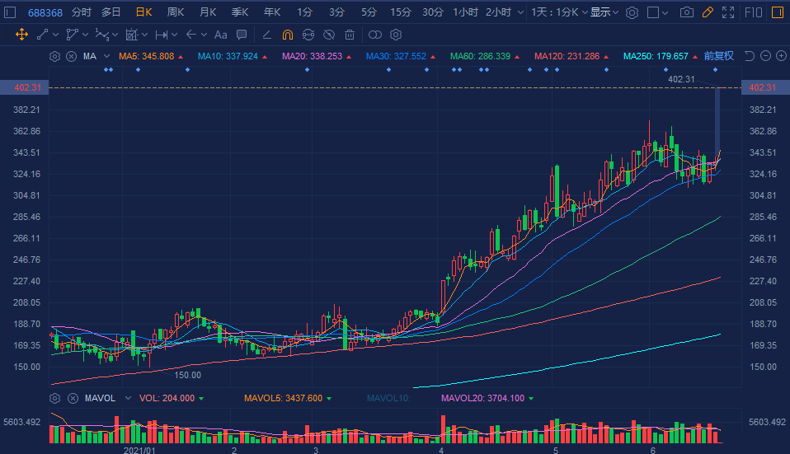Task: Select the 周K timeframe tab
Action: click(x=176, y=12)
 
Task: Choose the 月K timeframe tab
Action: click(x=208, y=12)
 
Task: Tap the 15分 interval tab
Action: click(x=400, y=12)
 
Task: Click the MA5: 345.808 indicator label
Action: click(x=146, y=56)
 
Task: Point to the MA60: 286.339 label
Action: click(x=480, y=56)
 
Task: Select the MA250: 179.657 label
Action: click(x=656, y=56)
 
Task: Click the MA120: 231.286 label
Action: click(x=567, y=56)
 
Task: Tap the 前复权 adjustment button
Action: click(x=718, y=56)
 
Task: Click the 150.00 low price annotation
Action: click(x=188, y=375)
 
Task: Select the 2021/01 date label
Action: click(x=139, y=451)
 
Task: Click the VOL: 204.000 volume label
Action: click(x=167, y=398)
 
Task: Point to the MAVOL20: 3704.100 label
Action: click(x=482, y=398)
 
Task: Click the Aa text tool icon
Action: click(x=220, y=35)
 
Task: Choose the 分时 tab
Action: click(x=82, y=12)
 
